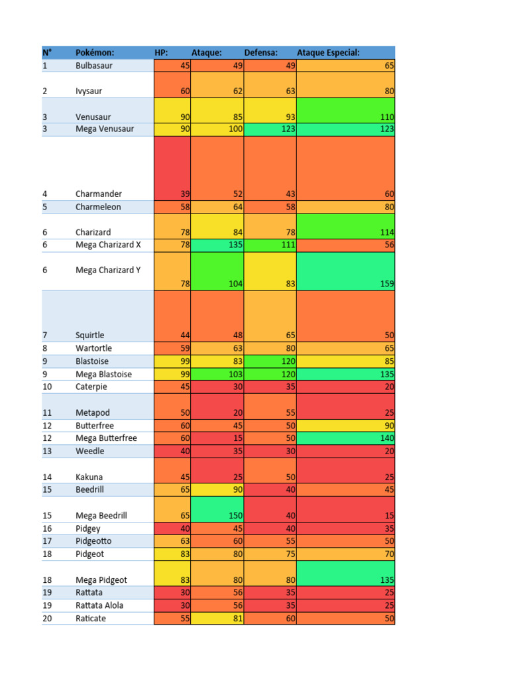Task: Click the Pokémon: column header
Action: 95,52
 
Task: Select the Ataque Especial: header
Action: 328,52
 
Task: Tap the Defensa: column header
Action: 260,52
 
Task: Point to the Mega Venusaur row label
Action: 105,129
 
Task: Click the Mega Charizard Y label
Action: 108,270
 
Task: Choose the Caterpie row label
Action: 92,387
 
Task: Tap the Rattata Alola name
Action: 99,605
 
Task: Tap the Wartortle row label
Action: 93,348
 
